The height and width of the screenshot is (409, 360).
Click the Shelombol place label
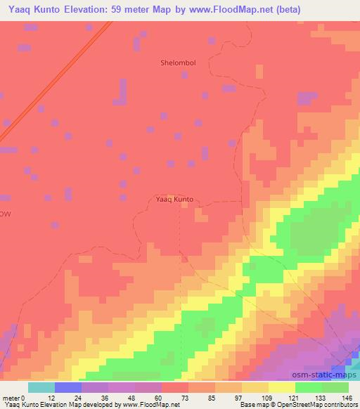point(178,63)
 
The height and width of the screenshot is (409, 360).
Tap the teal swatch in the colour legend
point(41,387)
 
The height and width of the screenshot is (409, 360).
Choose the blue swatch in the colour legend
point(68,387)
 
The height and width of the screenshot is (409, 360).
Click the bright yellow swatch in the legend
point(282,387)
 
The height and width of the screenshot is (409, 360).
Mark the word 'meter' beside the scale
point(12,397)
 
